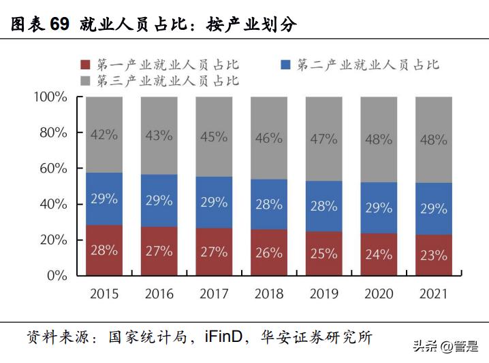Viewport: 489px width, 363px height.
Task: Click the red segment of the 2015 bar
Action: click(x=104, y=250)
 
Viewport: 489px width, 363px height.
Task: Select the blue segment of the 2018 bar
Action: click(x=268, y=205)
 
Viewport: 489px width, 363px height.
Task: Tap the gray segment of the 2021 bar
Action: click(x=433, y=139)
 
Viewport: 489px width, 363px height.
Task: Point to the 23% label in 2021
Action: click(x=433, y=256)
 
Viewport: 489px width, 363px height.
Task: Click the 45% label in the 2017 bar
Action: click(x=214, y=137)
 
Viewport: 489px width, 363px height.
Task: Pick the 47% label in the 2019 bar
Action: click(x=324, y=139)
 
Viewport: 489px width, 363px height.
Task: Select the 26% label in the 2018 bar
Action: click(x=268, y=253)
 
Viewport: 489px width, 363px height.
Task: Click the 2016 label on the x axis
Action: click(x=159, y=294)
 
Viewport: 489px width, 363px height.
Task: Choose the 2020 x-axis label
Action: click(x=379, y=294)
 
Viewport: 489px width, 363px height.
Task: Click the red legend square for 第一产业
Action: click(x=86, y=65)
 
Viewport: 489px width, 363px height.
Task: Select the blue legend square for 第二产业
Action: click(x=286, y=65)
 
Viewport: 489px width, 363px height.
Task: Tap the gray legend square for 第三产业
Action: click(x=86, y=81)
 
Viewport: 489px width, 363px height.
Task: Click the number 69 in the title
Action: click(x=59, y=24)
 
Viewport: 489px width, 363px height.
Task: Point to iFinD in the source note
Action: click(x=221, y=337)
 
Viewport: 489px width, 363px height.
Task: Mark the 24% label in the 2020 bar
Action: click(x=379, y=254)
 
